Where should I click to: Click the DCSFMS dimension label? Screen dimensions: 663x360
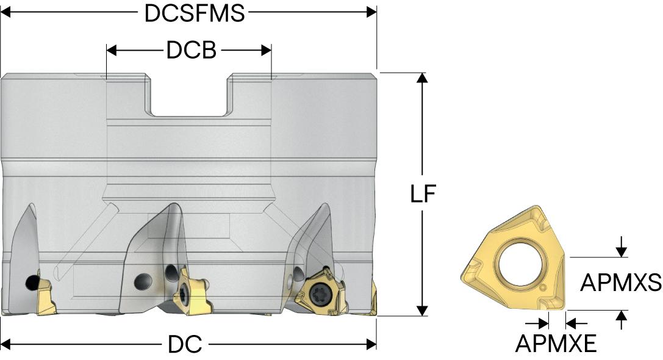pyautogui.click(x=195, y=13)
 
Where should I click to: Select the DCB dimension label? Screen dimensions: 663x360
pyautogui.click(x=191, y=51)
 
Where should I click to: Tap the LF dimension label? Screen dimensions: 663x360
pyautogui.click(x=423, y=194)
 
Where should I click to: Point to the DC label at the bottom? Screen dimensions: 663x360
pyautogui.click(x=185, y=344)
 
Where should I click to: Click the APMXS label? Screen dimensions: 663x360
pyautogui.click(x=620, y=282)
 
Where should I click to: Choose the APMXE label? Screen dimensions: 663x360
pyautogui.click(x=556, y=343)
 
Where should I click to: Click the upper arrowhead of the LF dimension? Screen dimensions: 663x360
pyautogui.click(x=422, y=78)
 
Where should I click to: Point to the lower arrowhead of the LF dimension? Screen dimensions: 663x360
pyautogui.click(x=422, y=310)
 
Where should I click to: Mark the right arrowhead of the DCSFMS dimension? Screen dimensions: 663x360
pyautogui.click(x=371, y=12)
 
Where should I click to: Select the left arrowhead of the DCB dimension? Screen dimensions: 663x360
pyautogui.click(x=112, y=51)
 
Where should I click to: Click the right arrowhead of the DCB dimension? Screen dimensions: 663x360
pyautogui.click(x=266, y=51)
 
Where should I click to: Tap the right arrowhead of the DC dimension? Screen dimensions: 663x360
pyautogui.click(x=371, y=344)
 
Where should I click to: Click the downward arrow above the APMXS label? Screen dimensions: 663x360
pyautogui.click(x=621, y=247)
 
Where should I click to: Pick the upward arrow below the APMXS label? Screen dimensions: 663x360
pyautogui.click(x=621, y=320)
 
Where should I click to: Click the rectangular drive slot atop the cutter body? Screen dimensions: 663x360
pyautogui.click(x=189, y=96)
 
